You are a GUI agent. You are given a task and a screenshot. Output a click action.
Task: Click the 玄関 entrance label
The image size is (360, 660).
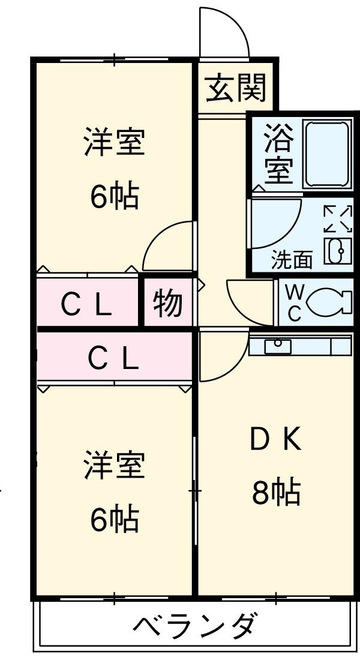pos(236,90)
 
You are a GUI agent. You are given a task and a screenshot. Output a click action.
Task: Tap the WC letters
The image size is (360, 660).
pos(294,304)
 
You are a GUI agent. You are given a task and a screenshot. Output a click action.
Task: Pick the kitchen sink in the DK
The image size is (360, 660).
pos(278,347)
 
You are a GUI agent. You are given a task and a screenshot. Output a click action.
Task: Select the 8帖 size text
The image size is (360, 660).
pos(275,493)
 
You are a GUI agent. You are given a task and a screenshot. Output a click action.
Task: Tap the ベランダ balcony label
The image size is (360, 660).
pos(197,627)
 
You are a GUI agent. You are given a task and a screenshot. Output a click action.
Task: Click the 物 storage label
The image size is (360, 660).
pos(167,303)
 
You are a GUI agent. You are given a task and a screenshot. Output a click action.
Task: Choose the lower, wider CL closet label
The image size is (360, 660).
pos(114,358)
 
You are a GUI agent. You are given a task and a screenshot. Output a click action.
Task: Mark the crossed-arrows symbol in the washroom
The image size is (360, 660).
pos(337,218)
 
